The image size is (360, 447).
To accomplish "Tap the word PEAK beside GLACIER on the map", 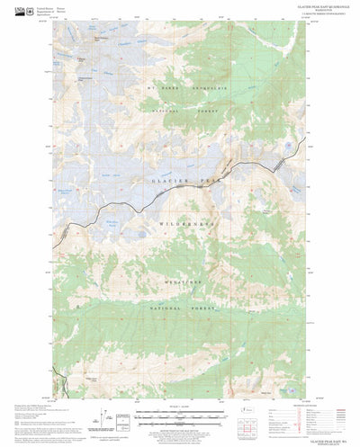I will [x=203, y=180].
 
